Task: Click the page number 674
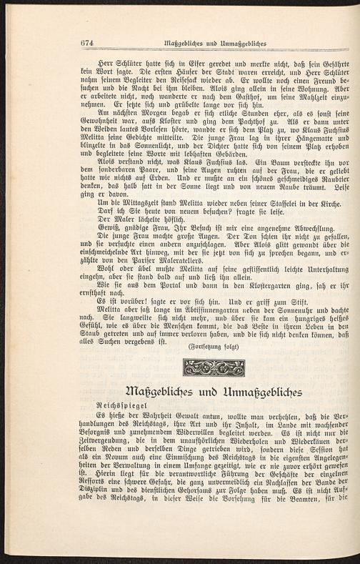[88, 42]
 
